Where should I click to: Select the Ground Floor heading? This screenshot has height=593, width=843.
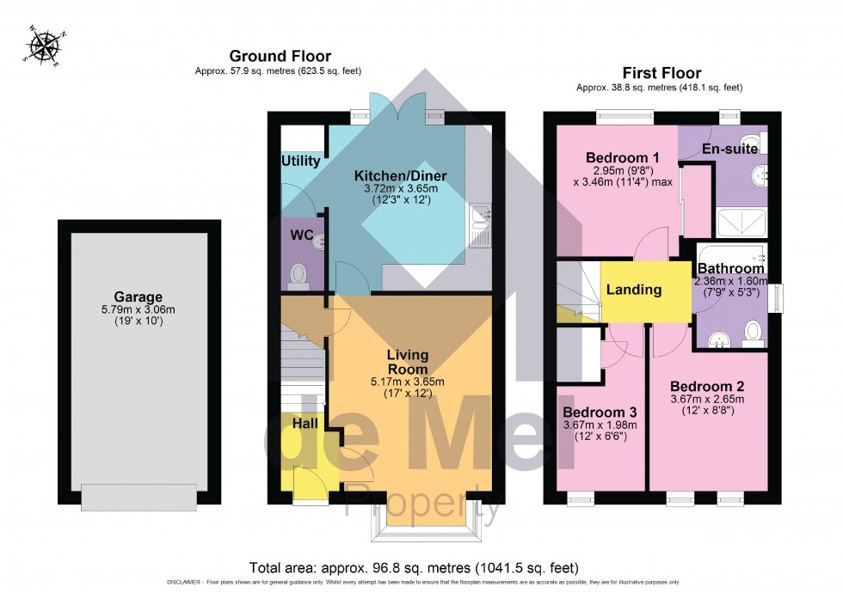click(280, 57)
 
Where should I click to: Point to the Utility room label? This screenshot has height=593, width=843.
click(300, 161)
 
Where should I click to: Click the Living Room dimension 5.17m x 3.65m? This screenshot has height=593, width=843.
click(407, 382)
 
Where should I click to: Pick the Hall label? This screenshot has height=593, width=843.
click(305, 424)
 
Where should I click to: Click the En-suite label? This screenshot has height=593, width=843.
click(729, 149)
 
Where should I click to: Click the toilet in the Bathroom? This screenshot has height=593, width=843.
click(753, 331)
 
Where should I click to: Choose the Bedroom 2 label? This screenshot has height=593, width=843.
click(707, 386)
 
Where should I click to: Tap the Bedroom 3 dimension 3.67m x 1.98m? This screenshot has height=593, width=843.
click(600, 425)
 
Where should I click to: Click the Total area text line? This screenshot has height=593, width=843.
click(413, 568)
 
